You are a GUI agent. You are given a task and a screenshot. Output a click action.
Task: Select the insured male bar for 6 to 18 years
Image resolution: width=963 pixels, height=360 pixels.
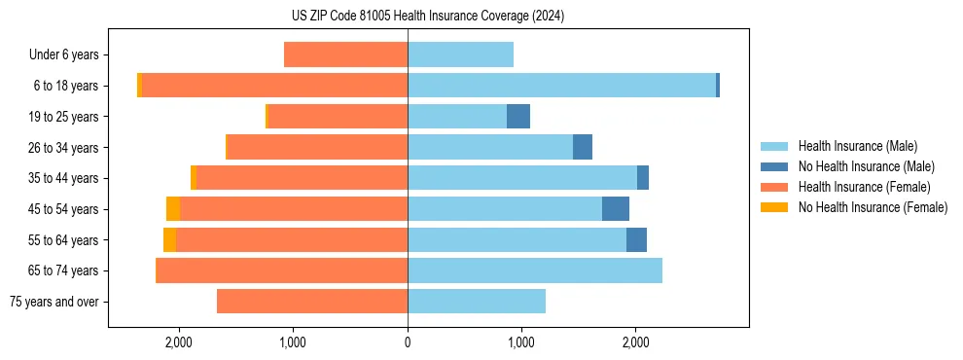point(561,86)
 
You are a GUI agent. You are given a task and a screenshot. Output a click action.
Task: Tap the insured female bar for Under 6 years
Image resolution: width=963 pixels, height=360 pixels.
point(345,54)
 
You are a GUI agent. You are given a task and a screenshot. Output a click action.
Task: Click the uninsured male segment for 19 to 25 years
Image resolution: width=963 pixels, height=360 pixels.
point(518,117)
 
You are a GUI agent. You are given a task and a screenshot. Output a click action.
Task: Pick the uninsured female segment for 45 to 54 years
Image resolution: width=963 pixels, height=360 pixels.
point(173,209)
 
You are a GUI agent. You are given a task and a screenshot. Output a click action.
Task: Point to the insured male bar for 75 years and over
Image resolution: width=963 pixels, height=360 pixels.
point(477,302)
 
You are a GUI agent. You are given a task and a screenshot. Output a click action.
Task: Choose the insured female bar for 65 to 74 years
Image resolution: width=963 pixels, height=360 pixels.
point(282,270)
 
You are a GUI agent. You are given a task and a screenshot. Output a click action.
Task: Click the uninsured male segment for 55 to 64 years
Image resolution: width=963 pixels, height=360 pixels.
point(636,240)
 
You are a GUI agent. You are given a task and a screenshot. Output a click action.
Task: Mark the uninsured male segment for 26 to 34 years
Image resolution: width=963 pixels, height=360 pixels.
point(583,147)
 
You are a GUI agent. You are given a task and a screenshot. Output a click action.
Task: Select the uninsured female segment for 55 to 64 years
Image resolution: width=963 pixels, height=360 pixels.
point(169,240)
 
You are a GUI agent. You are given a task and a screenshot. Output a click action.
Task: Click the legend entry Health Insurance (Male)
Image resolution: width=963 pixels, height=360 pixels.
point(857,146)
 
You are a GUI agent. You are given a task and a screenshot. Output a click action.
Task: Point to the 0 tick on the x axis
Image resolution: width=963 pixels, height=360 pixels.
point(408,342)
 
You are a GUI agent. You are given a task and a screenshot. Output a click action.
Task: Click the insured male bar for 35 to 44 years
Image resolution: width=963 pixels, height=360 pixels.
point(522,178)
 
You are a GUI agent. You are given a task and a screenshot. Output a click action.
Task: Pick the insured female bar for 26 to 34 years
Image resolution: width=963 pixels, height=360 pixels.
point(317,147)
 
